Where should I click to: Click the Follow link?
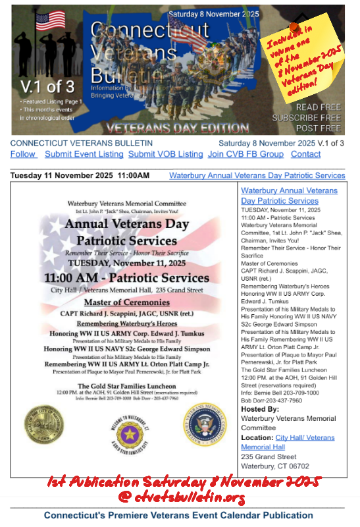(x=23, y=154)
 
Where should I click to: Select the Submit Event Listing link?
(x=84, y=154)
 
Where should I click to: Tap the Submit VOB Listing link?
(x=165, y=154)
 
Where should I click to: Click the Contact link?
(x=305, y=154)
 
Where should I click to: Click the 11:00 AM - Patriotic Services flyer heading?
(x=126, y=277)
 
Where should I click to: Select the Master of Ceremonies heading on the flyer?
(x=126, y=302)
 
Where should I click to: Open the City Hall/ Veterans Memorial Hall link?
(x=288, y=442)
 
